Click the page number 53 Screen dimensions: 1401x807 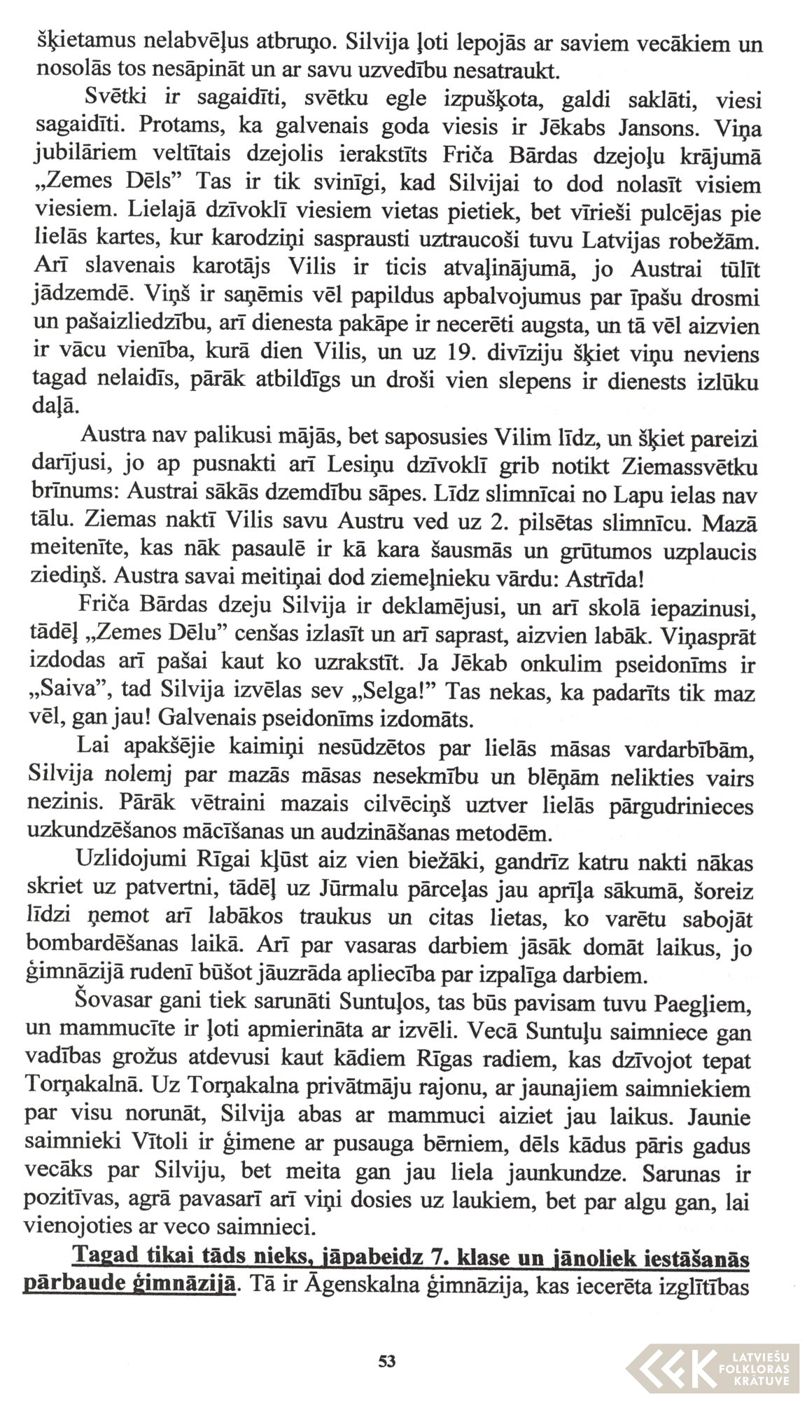[386, 1362]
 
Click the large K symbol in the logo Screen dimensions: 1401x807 [689, 1358]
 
